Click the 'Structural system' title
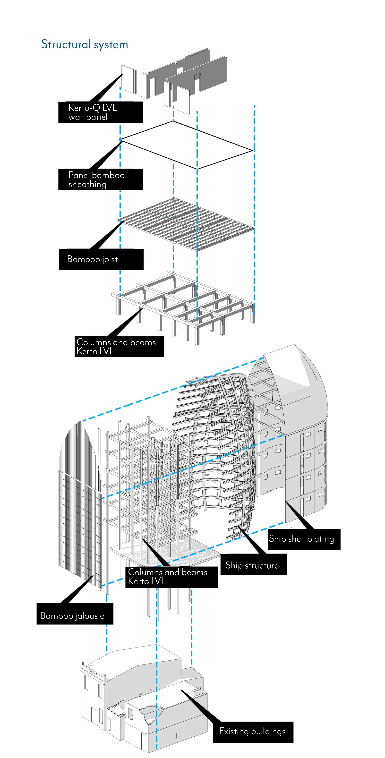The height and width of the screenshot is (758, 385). (x=85, y=45)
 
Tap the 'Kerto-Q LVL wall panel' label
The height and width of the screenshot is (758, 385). (x=100, y=112)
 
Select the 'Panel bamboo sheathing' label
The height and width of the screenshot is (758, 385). (x=100, y=179)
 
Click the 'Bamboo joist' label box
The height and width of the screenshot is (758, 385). (x=101, y=259)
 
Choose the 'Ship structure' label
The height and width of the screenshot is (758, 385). (x=253, y=564)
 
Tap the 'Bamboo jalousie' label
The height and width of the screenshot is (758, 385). (x=75, y=614)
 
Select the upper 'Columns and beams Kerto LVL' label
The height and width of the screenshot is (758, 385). (x=119, y=347)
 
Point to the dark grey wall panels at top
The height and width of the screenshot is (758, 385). (x=188, y=74)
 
